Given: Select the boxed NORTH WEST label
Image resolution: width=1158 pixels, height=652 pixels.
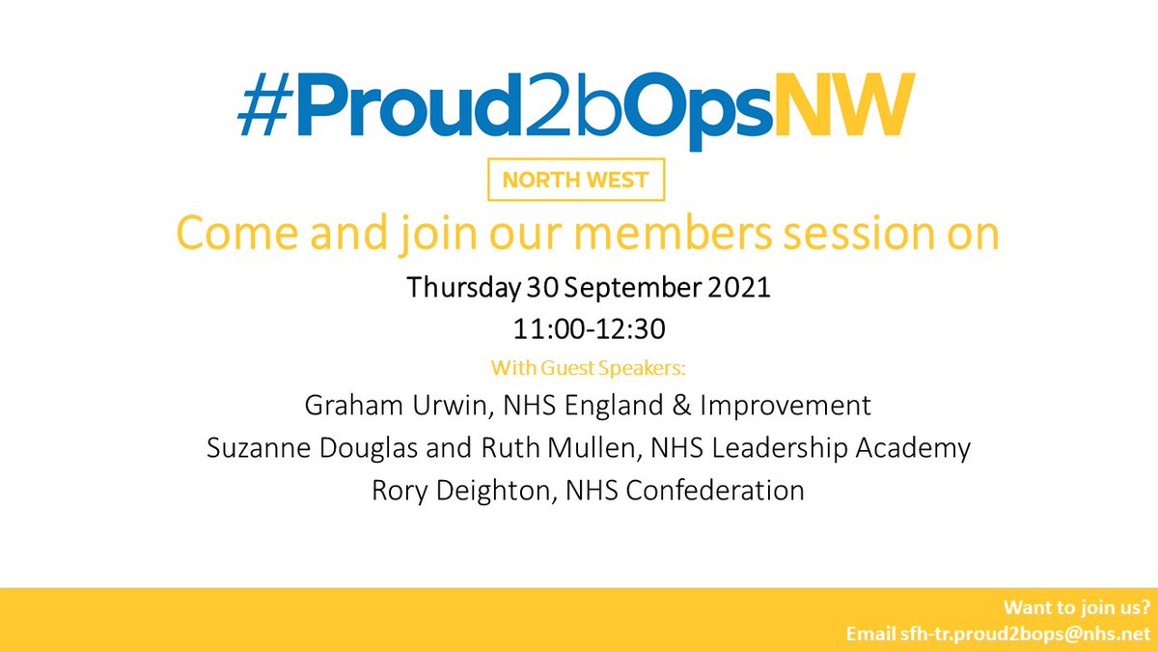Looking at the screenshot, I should click(577, 181).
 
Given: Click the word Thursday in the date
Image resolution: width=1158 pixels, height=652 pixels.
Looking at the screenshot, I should click(456, 289).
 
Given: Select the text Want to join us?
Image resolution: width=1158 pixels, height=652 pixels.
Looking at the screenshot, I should click(1076, 609).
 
